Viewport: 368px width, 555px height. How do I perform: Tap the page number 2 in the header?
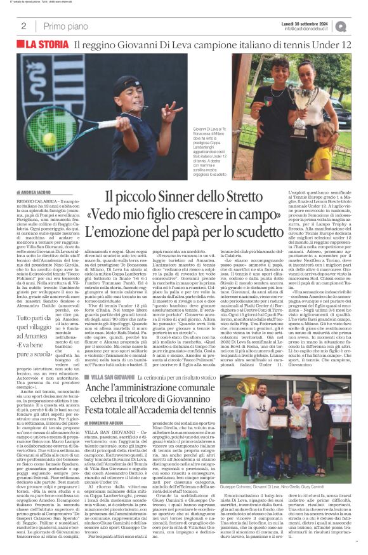[x=23, y=26]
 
